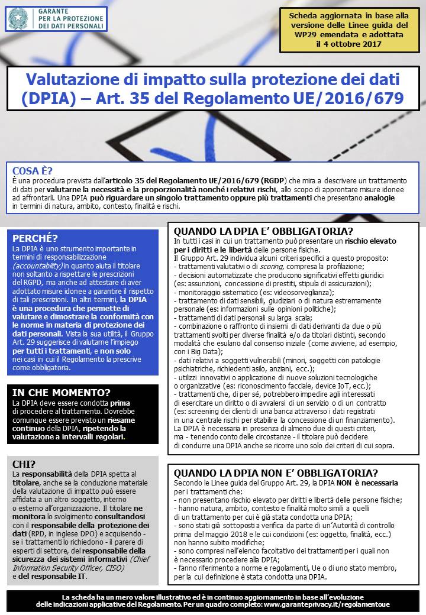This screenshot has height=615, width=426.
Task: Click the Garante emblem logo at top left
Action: coord(18,19)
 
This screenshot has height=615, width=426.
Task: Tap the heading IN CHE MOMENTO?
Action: coord(61,392)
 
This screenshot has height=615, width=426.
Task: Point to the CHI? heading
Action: coord(24,464)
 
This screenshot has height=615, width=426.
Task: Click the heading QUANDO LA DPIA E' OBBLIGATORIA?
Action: coord(263,231)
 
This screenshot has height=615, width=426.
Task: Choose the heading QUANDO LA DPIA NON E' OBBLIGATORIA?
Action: coord(276,473)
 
